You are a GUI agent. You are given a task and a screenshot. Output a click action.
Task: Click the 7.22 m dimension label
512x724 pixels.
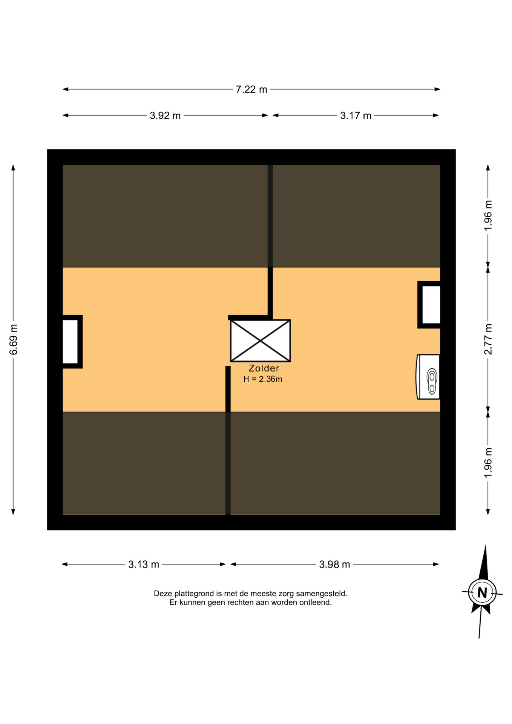(x=251, y=89)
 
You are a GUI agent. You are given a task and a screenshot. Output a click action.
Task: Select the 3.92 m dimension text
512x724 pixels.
(x=165, y=115)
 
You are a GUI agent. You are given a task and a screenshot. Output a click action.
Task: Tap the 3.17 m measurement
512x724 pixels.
(x=356, y=115)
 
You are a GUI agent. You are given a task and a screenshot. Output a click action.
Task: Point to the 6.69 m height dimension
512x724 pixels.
(x=14, y=339)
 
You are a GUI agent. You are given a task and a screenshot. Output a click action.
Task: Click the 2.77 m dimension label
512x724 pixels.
(x=488, y=339)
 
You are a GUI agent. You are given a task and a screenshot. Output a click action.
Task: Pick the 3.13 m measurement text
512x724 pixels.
(x=144, y=564)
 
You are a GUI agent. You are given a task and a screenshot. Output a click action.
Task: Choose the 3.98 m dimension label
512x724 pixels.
(x=334, y=564)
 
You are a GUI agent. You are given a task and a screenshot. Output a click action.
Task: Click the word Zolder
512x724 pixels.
(x=264, y=368)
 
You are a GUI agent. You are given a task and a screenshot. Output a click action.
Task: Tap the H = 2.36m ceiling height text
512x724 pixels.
(x=263, y=379)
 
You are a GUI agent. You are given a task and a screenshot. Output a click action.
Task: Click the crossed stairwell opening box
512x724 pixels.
(x=261, y=341)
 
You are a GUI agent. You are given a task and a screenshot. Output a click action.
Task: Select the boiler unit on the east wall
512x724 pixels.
(x=428, y=377)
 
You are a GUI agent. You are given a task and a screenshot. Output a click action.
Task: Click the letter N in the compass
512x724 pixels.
(x=482, y=593)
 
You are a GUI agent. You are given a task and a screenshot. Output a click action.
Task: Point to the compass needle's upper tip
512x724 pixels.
(x=485, y=545)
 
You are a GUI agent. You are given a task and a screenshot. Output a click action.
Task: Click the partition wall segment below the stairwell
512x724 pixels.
(x=228, y=440)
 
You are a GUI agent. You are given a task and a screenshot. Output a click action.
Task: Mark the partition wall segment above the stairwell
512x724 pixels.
(x=270, y=241)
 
